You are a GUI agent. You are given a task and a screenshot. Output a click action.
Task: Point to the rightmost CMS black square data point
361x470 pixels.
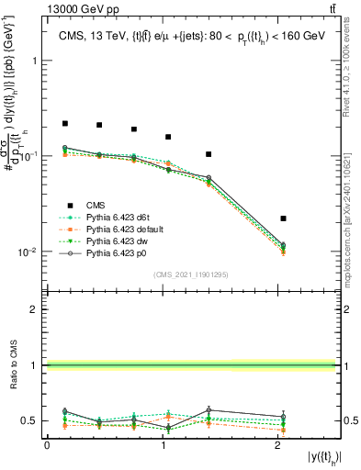[283, 218]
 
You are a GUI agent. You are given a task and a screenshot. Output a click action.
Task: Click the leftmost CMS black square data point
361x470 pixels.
[65, 123]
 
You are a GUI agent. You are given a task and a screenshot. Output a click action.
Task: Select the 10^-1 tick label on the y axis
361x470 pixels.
[30, 156]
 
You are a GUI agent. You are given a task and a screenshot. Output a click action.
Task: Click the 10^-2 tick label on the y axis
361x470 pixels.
[30, 252]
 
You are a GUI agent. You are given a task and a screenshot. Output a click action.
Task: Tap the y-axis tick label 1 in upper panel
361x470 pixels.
[36, 61]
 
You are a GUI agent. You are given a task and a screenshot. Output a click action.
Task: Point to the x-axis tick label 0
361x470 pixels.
[47, 445]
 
